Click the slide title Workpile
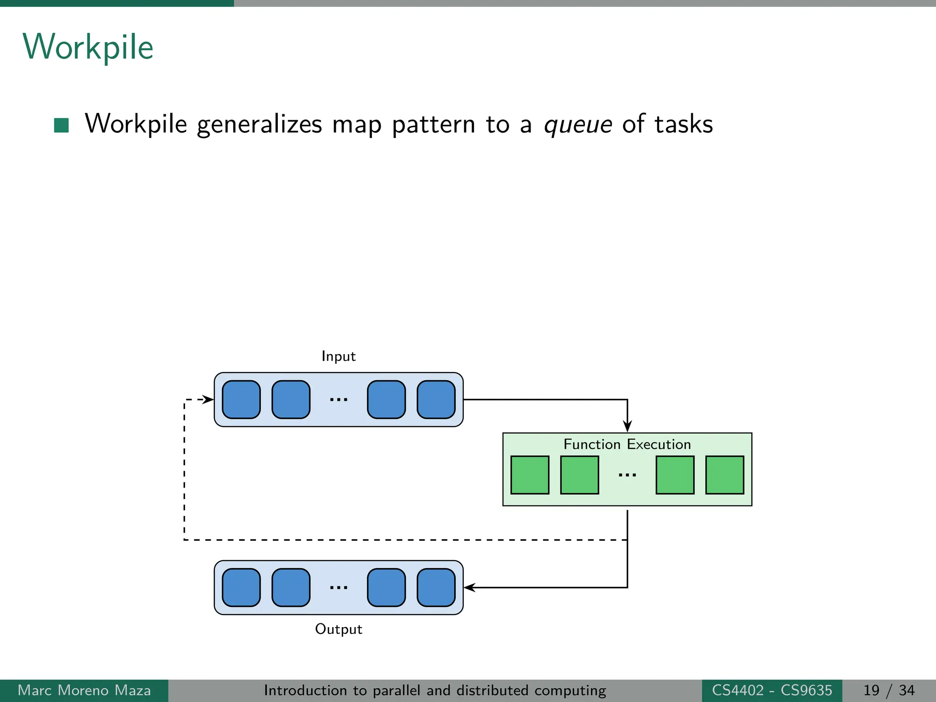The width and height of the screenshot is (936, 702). pos(88,47)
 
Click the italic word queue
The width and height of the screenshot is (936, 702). pos(578,124)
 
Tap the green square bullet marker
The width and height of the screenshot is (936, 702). pos(61,125)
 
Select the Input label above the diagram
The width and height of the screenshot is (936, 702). pos(338,356)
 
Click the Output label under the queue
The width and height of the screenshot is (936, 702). pos(338,629)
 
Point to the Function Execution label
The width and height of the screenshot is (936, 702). pos(627,444)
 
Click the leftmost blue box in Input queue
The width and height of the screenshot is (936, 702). pos(241,399)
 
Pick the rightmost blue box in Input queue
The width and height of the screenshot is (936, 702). pos(436,399)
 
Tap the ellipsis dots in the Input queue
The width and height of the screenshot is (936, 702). pos(339,400)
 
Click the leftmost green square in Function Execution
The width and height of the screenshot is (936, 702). pos(530,475)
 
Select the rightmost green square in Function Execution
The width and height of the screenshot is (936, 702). pos(724,475)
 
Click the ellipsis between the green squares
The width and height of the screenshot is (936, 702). pos(627,475)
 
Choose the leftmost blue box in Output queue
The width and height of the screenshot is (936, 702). pos(241,587)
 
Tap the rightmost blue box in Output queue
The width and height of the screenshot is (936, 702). pos(436,587)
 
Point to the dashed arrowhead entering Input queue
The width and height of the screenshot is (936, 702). pos(208,399)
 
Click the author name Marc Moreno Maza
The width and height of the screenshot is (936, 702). pos(84,690)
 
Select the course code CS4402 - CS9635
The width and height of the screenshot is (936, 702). pos(772,690)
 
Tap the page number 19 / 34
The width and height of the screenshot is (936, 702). pos(888,690)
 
